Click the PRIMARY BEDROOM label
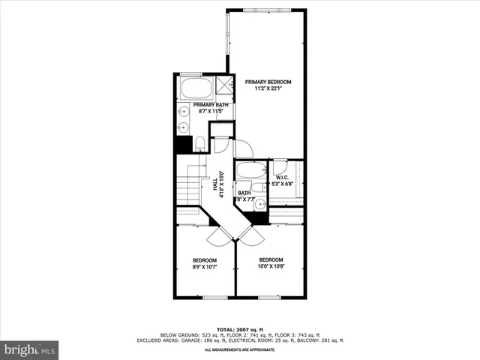(268, 82)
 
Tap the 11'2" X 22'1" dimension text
(268, 89)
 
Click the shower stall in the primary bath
(225, 87)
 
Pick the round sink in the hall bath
(259, 203)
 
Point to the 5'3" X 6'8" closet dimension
(286, 184)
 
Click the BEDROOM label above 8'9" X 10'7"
(205, 259)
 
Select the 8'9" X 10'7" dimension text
(205, 267)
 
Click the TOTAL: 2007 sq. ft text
(240, 329)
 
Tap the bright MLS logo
(30, 349)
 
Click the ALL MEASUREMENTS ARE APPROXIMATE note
(240, 350)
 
